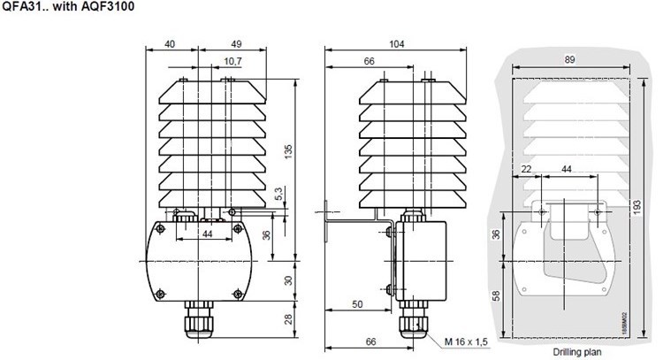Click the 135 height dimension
(287, 151)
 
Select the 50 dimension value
(357, 303)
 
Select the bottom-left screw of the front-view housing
(160, 293)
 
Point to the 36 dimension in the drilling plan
(497, 234)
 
